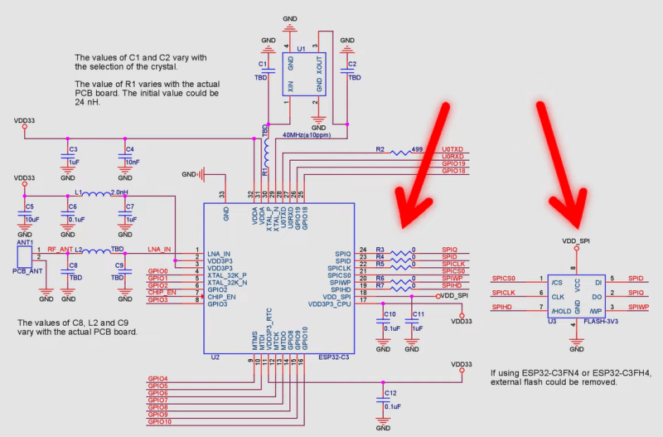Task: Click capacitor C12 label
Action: tap(390, 392)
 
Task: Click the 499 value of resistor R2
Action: tap(417, 150)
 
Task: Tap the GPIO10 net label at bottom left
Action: tap(159, 422)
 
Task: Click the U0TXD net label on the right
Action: tap(453, 150)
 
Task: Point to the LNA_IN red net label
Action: tap(159, 249)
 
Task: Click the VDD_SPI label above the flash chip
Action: tap(576, 240)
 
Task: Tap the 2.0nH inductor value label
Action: tap(119, 192)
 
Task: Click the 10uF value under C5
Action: tap(32, 220)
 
